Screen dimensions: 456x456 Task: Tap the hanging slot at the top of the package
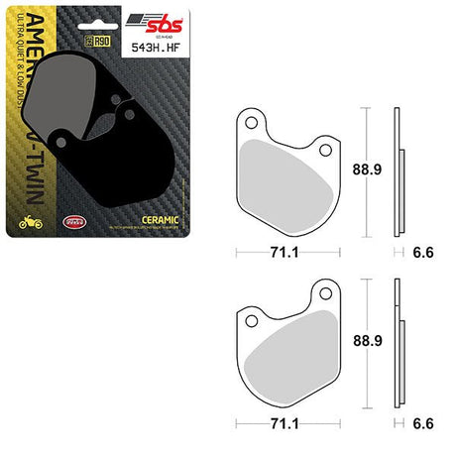point(86,15)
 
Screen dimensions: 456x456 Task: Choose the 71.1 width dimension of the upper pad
point(285,252)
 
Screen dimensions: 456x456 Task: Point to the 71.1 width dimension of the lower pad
point(285,421)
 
